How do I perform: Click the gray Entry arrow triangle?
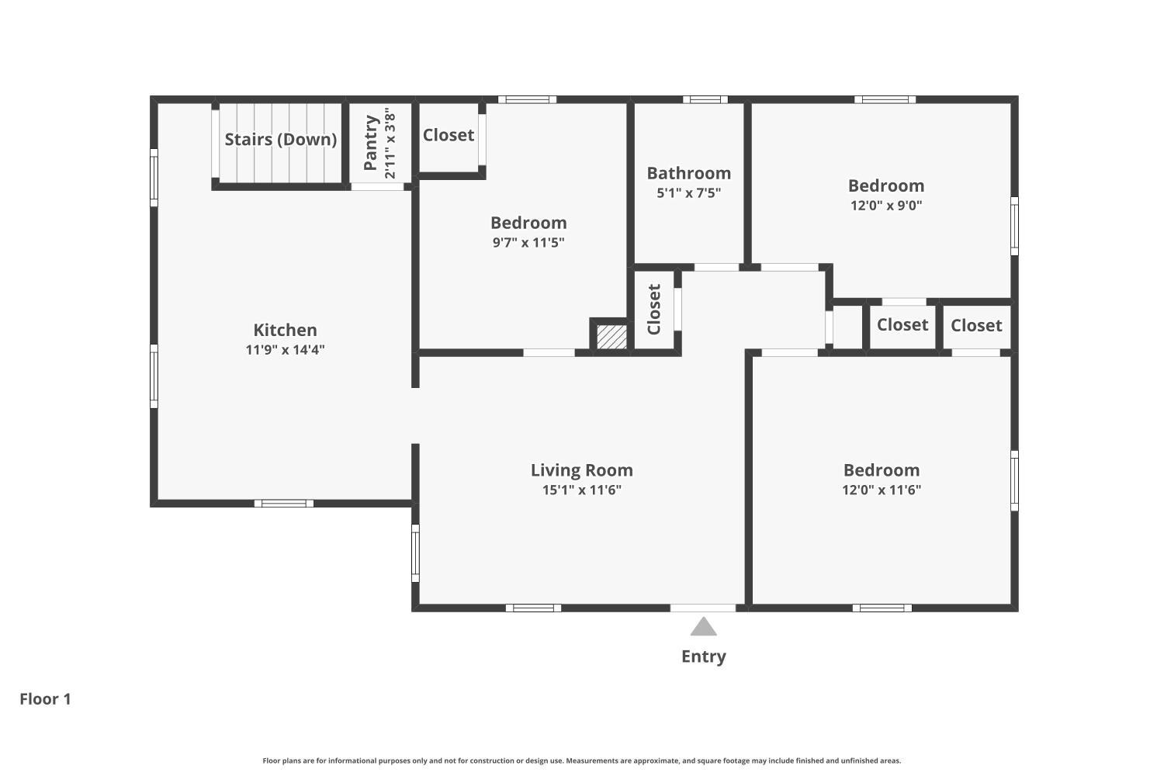point(703,627)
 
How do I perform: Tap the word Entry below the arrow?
point(703,656)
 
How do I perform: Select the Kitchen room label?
point(285,330)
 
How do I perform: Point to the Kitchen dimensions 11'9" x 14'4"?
point(285,350)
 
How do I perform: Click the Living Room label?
point(581,470)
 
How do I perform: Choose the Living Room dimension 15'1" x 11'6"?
point(581,490)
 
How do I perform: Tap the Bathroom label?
point(688,173)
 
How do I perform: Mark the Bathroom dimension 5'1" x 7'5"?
point(688,192)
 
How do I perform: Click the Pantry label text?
point(371,143)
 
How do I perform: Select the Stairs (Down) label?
point(280,140)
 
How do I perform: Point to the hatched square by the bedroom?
point(611,337)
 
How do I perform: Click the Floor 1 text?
point(45,699)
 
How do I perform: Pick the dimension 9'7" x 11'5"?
point(528,242)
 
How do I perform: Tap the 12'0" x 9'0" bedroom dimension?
point(885,206)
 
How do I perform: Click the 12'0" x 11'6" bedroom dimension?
point(881,490)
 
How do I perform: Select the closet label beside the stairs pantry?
point(448,135)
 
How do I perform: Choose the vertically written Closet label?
point(653,309)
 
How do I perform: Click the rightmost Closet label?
point(975,325)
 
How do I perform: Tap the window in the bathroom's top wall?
point(705,99)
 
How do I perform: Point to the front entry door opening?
point(703,608)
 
